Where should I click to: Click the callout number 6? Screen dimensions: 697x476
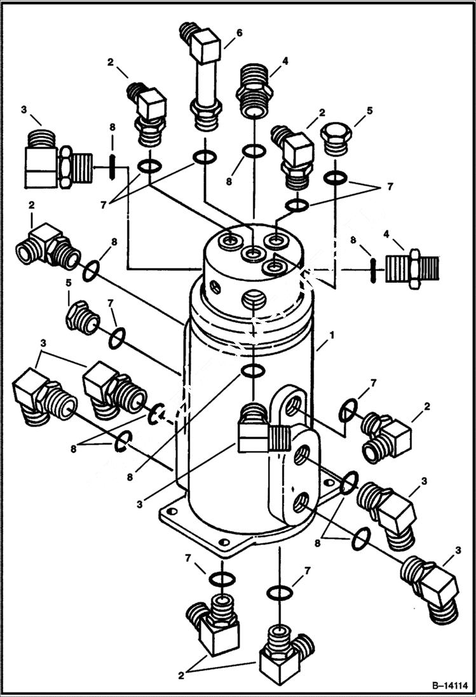(x=239, y=33)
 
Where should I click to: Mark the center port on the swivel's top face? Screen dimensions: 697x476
(x=253, y=255)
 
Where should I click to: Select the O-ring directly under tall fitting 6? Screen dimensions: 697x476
(x=204, y=156)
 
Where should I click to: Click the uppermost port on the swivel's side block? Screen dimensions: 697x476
(x=293, y=405)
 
